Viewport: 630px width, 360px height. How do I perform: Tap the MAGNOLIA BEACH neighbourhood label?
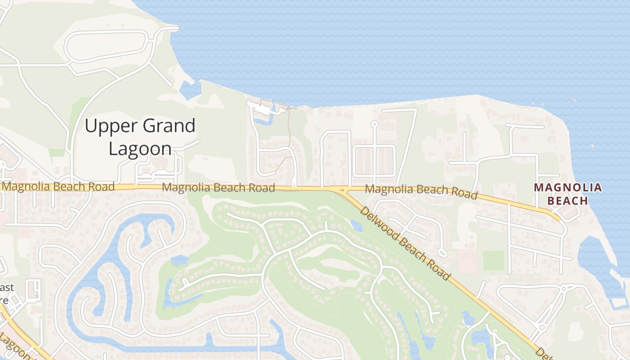(x=567, y=194)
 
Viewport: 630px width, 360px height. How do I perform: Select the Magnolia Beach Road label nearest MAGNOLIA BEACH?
(x=421, y=191)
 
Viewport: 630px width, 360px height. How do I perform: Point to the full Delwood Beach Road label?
(x=405, y=243)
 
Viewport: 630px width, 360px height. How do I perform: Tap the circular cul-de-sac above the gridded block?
(x=374, y=124)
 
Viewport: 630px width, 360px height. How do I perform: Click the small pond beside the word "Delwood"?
(x=356, y=225)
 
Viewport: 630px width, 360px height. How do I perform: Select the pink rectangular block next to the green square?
(x=467, y=261)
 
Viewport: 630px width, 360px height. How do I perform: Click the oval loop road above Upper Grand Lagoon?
(x=106, y=45)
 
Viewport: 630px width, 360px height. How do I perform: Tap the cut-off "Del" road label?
(x=544, y=354)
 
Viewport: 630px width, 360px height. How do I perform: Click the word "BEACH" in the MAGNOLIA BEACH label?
(x=567, y=201)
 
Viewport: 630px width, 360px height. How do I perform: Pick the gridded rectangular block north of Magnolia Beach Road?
(x=374, y=161)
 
